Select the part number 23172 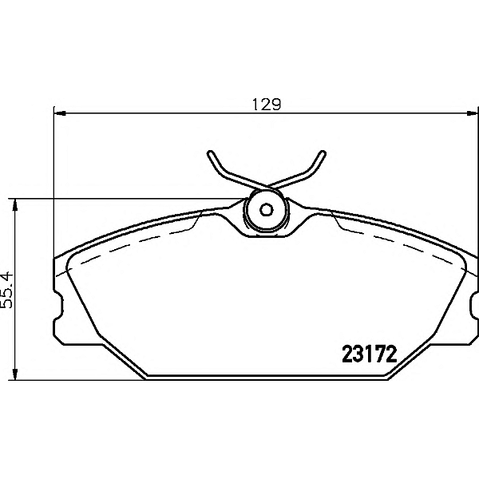(x=370, y=354)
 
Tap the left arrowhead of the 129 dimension (x=58, y=113)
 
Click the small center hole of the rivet (x=267, y=212)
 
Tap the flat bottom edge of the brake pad (x=267, y=379)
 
